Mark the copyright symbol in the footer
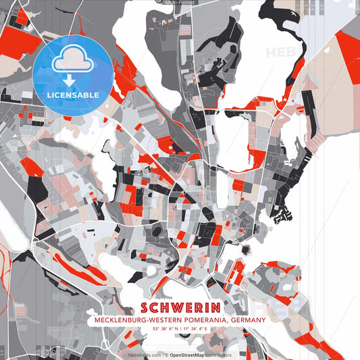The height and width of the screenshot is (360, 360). click(166, 354)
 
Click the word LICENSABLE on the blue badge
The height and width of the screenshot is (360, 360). click(72, 95)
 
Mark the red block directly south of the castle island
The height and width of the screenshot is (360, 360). click(236, 274)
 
